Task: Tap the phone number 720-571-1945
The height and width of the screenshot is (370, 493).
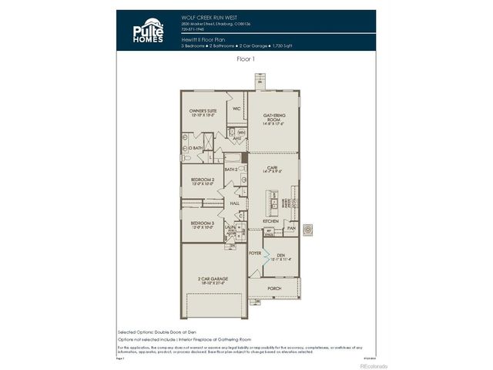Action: click(194, 29)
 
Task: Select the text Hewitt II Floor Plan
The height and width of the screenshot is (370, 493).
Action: click(200, 39)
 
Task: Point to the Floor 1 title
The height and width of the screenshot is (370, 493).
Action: click(246, 58)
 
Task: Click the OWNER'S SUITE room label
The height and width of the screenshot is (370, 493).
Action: click(203, 111)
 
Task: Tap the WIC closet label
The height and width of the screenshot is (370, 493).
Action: click(237, 109)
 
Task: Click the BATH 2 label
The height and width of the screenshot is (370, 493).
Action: click(231, 169)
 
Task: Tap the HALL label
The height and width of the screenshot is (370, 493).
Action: click(234, 203)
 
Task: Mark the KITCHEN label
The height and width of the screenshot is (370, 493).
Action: click(270, 221)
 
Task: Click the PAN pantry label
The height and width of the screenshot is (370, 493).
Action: click(290, 228)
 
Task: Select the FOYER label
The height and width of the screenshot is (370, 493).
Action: click(255, 252)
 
